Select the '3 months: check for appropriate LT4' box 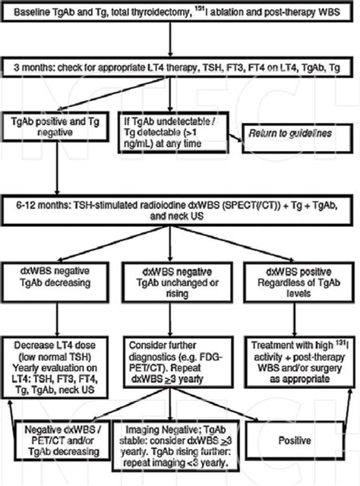point(179,68)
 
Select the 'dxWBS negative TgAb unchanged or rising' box point(179,280)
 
